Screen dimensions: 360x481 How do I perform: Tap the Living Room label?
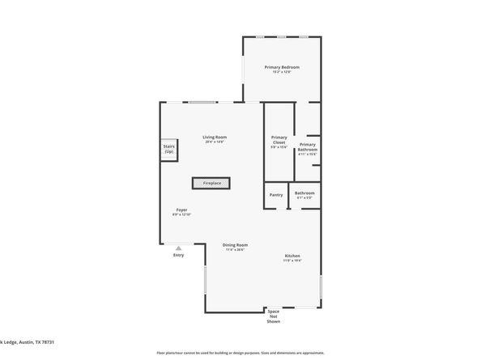(215, 137)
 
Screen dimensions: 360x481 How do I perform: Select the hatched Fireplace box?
(211, 184)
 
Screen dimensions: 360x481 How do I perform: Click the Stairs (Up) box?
(169, 150)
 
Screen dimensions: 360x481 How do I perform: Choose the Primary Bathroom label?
(308, 147)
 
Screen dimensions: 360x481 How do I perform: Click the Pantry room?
(276, 194)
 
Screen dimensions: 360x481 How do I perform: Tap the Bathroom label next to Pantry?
(304, 193)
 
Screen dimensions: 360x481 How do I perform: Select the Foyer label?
(181, 210)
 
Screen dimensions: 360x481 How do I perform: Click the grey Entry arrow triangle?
(178, 248)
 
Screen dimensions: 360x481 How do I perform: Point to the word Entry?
(178, 256)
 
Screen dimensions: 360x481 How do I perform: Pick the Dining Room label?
(236, 244)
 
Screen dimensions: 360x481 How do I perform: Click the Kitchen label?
(292, 256)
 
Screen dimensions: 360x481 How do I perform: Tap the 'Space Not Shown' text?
(274, 316)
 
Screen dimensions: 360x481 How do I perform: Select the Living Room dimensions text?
(215, 142)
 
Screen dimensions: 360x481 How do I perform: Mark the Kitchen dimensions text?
(292, 260)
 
